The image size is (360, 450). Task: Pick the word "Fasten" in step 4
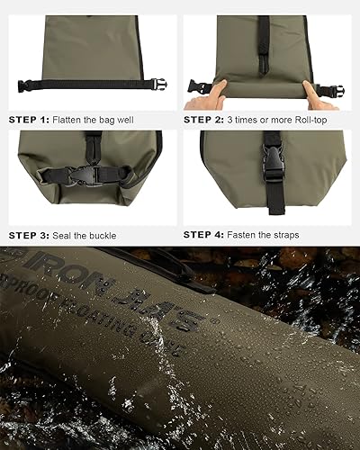coord(246,234)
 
